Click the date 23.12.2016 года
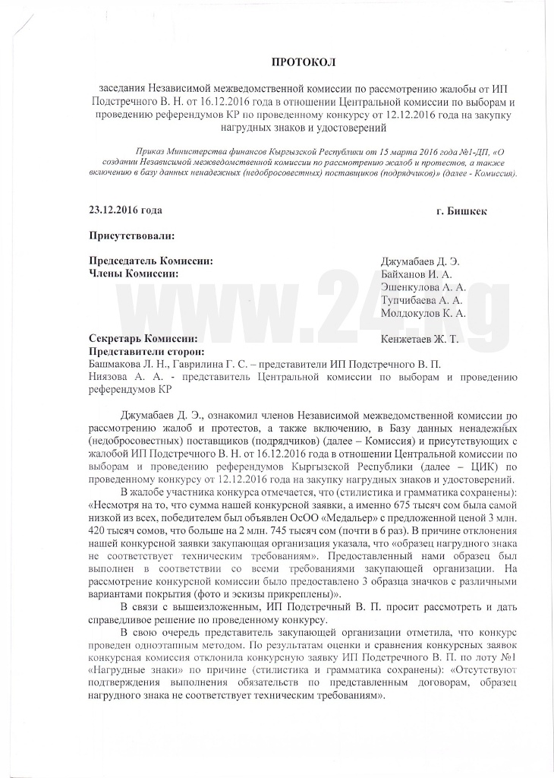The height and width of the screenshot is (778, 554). tap(125, 209)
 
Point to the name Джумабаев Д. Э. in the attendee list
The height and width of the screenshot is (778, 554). tap(420, 262)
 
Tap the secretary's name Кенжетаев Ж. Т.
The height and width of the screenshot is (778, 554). tap(420, 339)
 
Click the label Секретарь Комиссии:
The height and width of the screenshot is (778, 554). tap(143, 339)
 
